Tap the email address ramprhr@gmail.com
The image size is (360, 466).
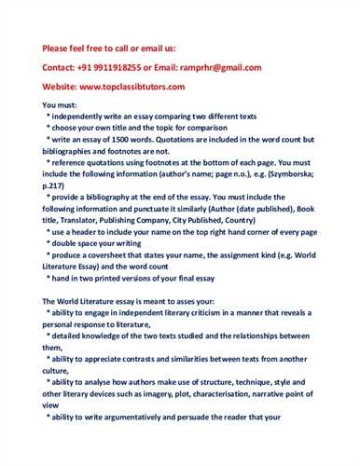pos(224,67)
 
